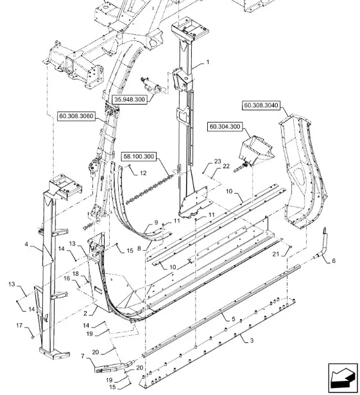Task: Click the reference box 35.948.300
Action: (130, 99)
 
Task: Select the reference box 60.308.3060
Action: (76, 116)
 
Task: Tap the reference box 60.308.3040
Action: (261, 105)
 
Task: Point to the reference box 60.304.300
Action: (225, 126)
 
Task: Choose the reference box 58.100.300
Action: (139, 156)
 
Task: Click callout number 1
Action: (208, 62)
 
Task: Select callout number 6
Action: (334, 261)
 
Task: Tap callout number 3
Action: (252, 340)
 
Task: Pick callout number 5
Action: (233, 319)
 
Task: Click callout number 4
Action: (26, 244)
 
